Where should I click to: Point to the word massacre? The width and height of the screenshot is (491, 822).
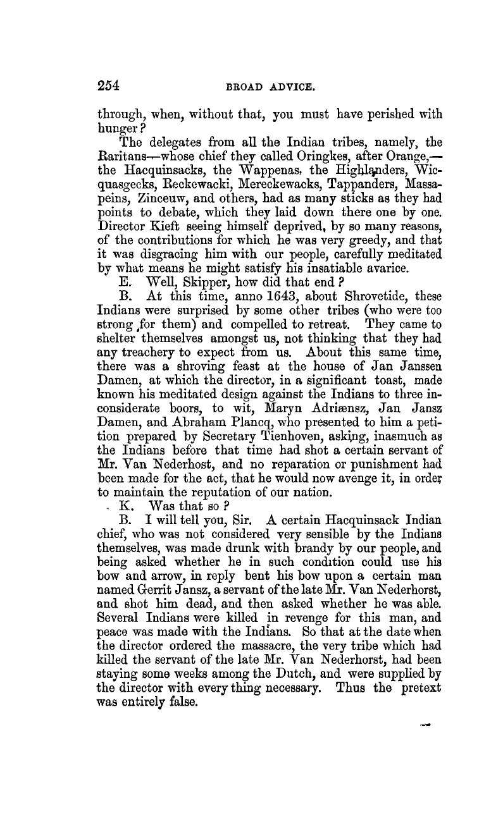tap(261, 655)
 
